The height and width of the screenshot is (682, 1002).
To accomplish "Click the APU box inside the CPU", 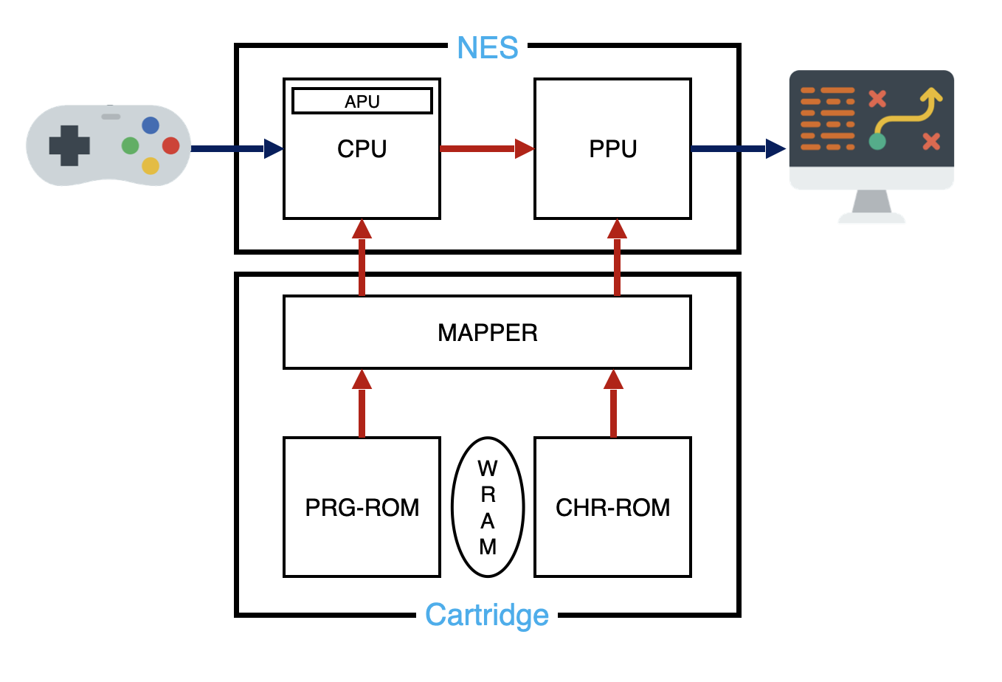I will click(x=362, y=101).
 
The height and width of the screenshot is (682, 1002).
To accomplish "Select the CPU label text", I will click(x=362, y=149).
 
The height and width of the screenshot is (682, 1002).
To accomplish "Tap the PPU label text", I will click(x=612, y=149).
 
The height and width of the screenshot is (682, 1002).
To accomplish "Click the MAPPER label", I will click(x=487, y=333).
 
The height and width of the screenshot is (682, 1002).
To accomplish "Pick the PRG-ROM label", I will click(x=362, y=508).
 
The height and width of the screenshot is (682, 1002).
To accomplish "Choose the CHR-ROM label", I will click(x=612, y=508).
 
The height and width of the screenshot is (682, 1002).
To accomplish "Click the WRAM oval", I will click(x=488, y=507).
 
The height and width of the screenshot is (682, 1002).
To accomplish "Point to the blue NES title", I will click(x=487, y=49).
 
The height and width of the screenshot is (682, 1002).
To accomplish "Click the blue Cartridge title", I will click(x=487, y=615).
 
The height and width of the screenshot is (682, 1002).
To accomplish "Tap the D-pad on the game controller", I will click(x=69, y=145).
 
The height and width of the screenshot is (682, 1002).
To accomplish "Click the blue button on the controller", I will click(x=151, y=125).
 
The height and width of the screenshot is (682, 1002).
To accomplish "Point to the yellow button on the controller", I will click(x=151, y=165).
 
